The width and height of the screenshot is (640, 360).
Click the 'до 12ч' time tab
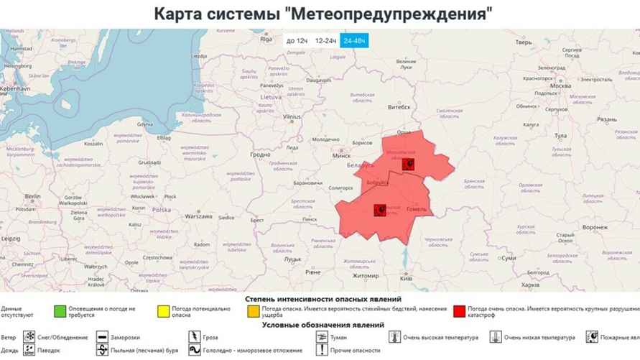[x=297, y=41]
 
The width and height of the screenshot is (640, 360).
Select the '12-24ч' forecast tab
[x=326, y=41]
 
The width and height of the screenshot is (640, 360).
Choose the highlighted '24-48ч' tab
[x=354, y=41]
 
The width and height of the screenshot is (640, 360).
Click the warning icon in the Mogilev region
[x=408, y=165]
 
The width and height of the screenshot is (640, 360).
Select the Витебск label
[x=399, y=108]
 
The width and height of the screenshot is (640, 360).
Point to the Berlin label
[x=32, y=195]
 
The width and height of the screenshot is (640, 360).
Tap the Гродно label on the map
[x=260, y=154]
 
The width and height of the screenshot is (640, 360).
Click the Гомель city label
[x=417, y=210]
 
